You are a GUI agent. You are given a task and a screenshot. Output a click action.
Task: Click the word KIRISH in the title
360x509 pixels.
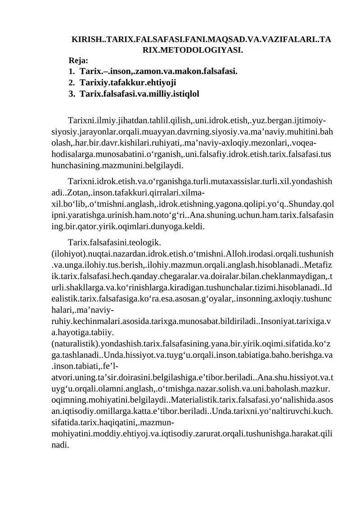tap(87, 40)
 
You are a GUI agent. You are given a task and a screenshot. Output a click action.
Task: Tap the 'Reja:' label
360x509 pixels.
tap(78, 60)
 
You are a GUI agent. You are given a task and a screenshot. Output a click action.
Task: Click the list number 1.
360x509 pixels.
tap(71, 71)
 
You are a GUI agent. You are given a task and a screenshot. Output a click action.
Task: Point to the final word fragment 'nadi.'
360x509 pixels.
tap(61, 444)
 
